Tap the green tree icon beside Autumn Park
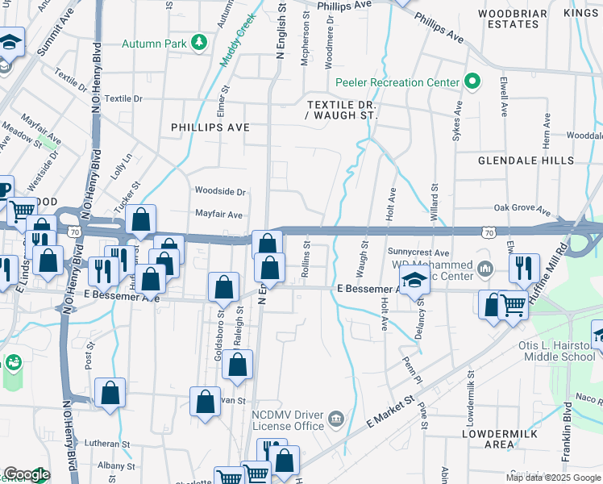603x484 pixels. point(198,43)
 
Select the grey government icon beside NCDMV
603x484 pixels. point(335,420)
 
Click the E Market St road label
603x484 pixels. point(389,411)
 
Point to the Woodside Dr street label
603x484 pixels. point(220,191)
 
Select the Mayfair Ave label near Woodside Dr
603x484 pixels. point(218,215)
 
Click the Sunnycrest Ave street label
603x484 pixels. point(418,252)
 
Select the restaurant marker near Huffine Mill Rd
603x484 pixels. point(524,269)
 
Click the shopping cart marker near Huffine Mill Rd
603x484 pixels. point(514,306)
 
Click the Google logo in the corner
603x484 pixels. point(27,474)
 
